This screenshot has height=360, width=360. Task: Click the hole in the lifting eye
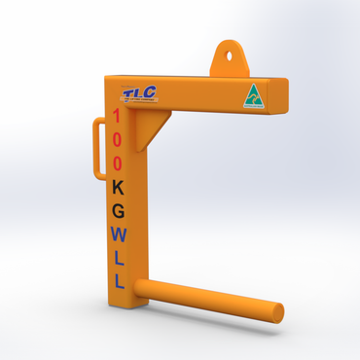(231, 54)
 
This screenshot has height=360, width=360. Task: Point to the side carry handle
(98, 147)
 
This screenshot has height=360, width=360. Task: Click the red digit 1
(117, 117)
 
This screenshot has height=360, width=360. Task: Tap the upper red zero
(117, 139)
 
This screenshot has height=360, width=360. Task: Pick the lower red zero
(117, 162)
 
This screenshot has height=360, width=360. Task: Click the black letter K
(118, 186)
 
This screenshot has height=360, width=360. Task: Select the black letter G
(118, 209)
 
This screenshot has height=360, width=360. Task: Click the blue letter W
(118, 234)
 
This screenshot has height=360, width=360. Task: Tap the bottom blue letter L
(119, 281)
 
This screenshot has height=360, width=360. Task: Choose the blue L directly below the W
(119, 258)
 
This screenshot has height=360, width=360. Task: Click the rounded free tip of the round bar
(278, 312)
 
